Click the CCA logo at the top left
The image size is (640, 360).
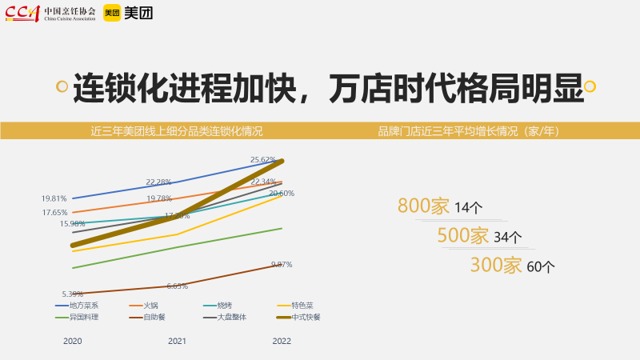(22, 12)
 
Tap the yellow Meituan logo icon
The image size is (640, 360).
(111, 12)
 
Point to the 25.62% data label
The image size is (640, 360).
(263, 160)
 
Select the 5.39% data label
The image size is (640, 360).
(73, 294)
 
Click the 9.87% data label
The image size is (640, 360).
(282, 264)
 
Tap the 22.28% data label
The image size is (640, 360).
(158, 182)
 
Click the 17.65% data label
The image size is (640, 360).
(54, 213)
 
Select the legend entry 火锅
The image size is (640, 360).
(151, 305)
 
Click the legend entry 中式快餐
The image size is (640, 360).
(307, 317)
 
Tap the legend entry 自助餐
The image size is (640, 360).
(154, 317)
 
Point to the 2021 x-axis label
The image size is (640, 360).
(177, 341)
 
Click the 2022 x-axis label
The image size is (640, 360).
(282, 341)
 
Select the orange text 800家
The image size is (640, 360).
(423, 206)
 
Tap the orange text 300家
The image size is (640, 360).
(495, 266)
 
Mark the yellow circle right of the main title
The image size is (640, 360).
(590, 86)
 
